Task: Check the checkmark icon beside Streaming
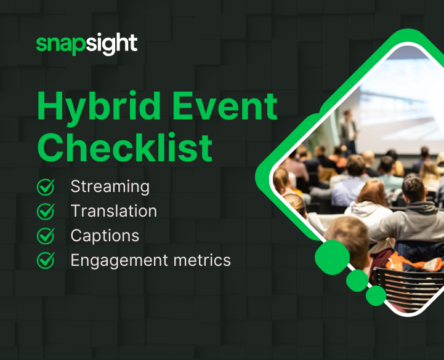click(x=46, y=186)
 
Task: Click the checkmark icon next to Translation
click(x=46, y=211)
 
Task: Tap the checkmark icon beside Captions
click(x=46, y=236)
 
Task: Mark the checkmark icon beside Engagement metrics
click(x=46, y=260)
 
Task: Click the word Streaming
click(x=110, y=186)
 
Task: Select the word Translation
click(x=113, y=211)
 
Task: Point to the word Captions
click(x=105, y=236)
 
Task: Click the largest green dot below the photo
click(x=332, y=257)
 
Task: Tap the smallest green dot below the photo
click(x=376, y=296)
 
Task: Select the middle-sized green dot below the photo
click(x=357, y=281)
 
